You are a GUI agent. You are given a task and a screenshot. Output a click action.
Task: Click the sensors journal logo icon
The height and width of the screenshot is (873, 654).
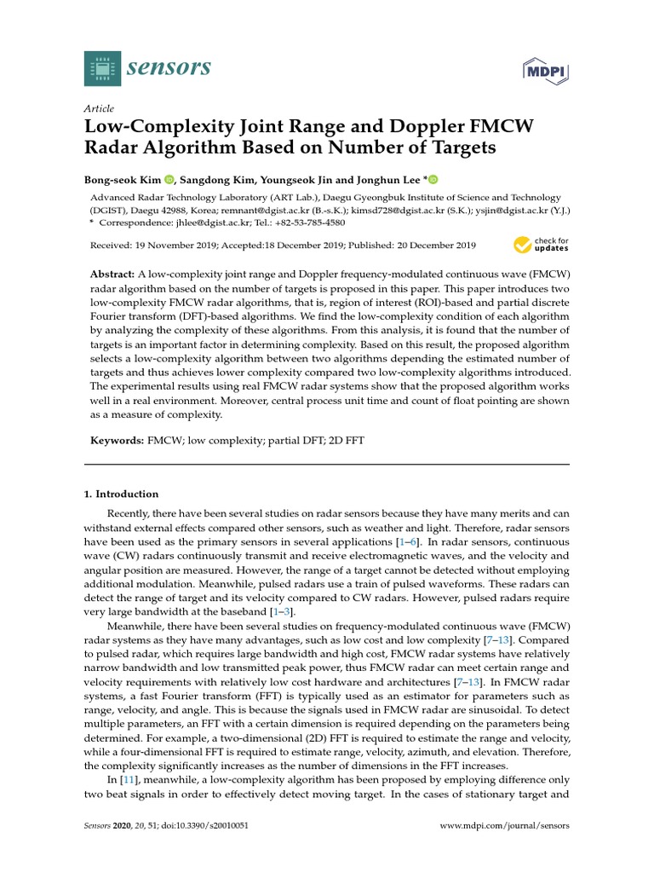[103, 67]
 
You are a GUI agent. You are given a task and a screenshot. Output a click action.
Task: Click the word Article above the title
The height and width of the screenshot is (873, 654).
[100, 109]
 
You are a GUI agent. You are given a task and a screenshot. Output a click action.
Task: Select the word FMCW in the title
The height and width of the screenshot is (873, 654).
[502, 127]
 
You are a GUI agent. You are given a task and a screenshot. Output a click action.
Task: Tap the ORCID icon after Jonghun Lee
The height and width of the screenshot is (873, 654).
[433, 179]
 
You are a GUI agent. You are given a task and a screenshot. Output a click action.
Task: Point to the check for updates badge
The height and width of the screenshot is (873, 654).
[541, 246]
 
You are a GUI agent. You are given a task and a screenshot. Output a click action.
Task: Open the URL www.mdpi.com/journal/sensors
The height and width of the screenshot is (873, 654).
[503, 826]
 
